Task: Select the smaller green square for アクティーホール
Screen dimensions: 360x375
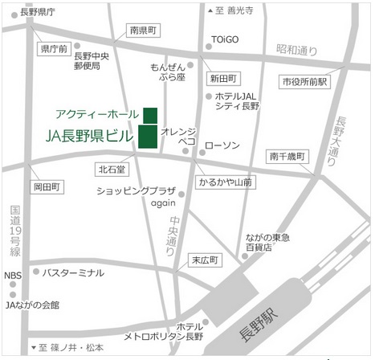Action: click(x=150, y=113)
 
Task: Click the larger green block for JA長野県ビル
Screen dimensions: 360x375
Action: click(x=148, y=137)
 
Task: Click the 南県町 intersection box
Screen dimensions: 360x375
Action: click(x=145, y=30)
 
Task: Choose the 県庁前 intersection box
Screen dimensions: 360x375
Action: click(x=54, y=49)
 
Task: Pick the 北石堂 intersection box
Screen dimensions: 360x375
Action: click(x=112, y=170)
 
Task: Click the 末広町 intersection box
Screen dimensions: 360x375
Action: click(x=206, y=260)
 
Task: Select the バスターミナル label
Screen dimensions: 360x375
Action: click(x=73, y=272)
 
